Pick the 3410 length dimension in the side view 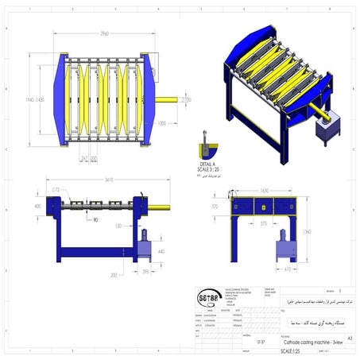(98, 180)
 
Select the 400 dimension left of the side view (37, 207)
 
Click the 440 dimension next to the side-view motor (162, 251)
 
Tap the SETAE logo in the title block (210, 299)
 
